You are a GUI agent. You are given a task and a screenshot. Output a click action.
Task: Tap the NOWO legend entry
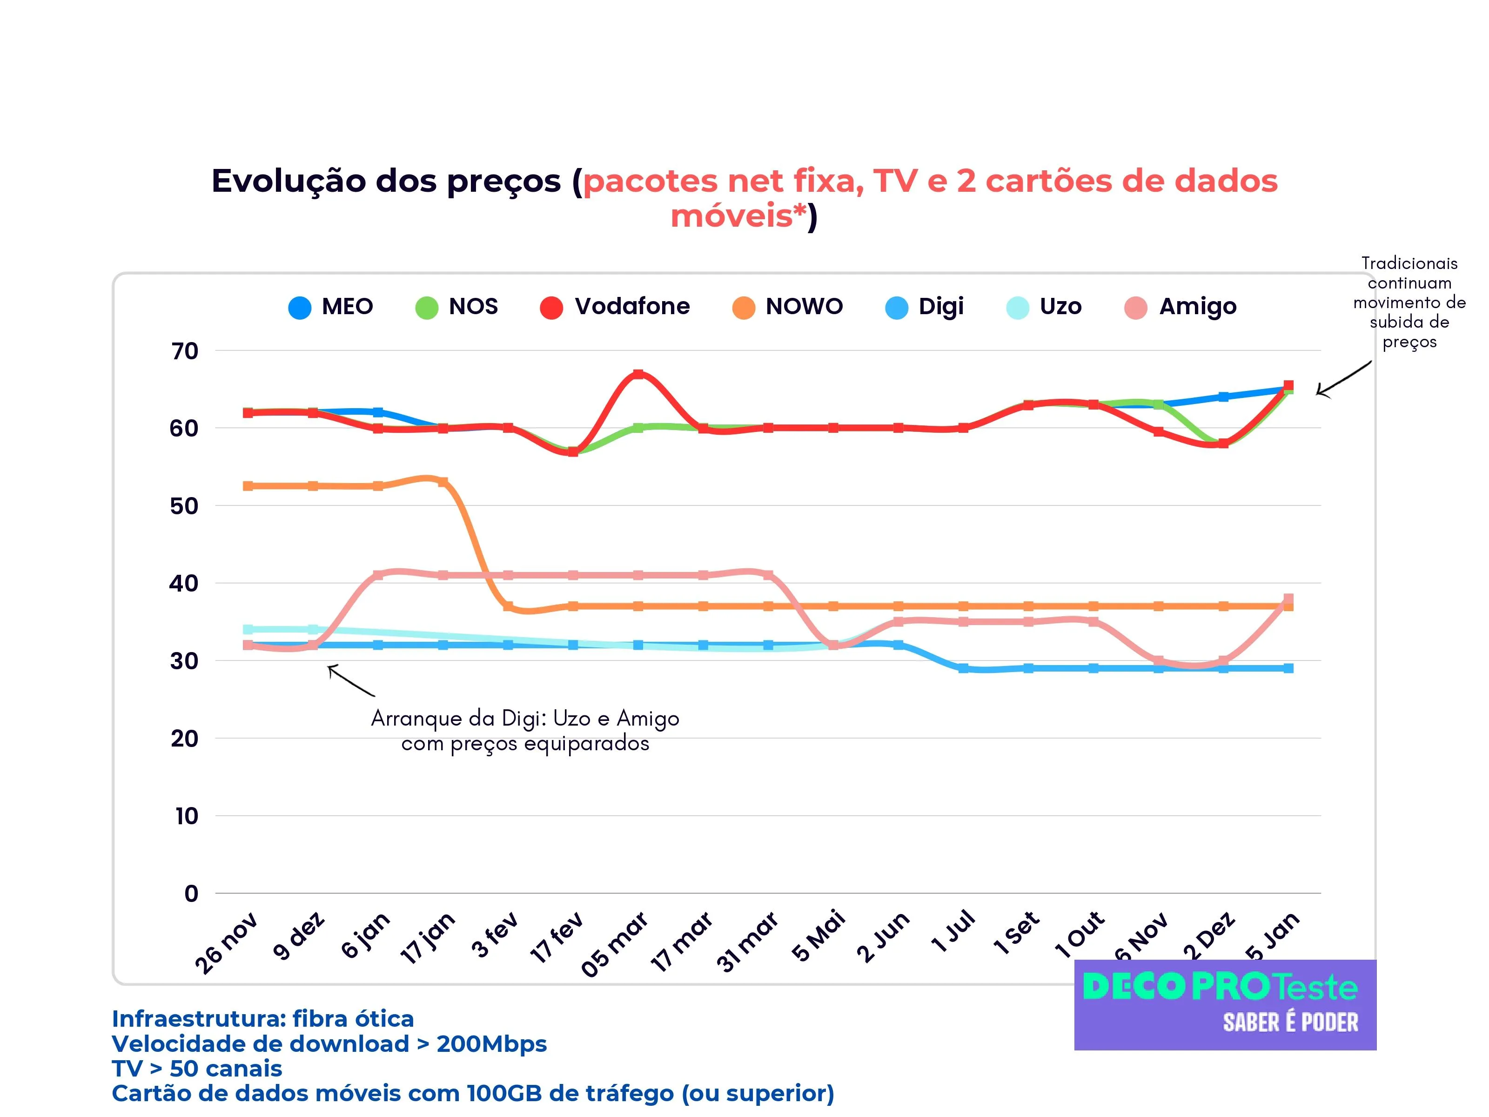788,307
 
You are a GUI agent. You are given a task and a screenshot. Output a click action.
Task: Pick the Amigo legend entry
1180,307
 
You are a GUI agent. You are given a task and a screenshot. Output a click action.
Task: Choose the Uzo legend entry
1044,307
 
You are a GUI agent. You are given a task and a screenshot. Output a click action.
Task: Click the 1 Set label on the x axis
1016,935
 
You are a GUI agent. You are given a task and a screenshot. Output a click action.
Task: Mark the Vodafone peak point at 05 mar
638,374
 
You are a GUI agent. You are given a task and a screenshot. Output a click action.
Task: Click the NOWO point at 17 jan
443,482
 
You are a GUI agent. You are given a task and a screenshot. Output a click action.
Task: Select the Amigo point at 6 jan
378,575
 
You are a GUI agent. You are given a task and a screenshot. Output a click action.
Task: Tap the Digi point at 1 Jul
963,669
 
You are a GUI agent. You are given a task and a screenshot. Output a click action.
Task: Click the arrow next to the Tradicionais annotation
1343,379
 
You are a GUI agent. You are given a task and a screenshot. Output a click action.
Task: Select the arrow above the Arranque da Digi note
350,680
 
